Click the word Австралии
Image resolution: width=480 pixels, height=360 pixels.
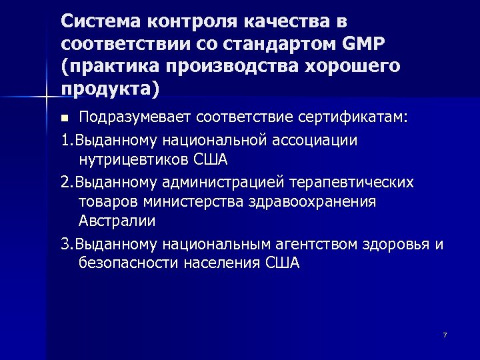[117, 221]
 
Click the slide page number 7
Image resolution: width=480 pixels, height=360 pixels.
[445, 334]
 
